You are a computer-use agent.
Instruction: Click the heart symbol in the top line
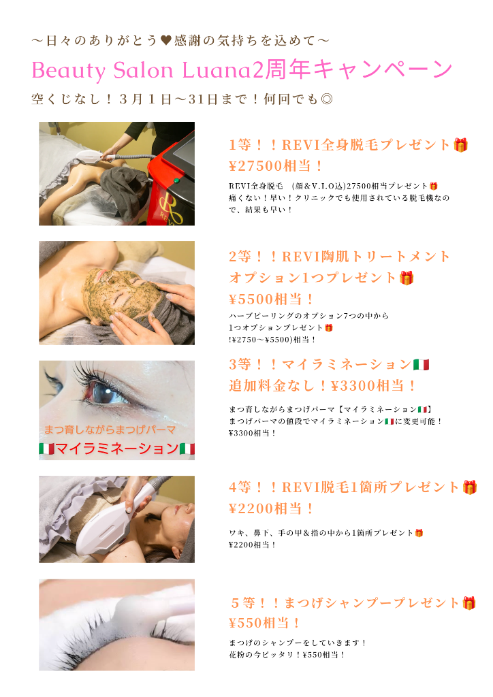tap(166, 41)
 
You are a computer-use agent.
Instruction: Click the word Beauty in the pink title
tap(69, 70)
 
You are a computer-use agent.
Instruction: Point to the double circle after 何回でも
tap(327, 99)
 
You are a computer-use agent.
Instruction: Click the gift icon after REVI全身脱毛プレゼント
tap(460, 145)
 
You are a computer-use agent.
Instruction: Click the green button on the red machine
tap(176, 180)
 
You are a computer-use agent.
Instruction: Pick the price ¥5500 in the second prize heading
tap(251, 299)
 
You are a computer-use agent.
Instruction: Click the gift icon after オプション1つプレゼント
tap(407, 278)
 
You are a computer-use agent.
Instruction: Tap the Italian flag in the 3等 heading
tap(421, 365)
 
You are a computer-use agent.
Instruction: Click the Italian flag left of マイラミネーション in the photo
tap(47, 449)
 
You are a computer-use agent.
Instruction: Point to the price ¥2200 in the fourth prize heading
tap(251, 508)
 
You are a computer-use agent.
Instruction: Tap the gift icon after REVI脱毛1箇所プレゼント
tap(469, 487)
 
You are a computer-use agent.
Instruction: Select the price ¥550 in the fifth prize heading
tap(246, 623)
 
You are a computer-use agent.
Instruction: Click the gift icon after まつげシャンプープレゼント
tap(469, 603)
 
